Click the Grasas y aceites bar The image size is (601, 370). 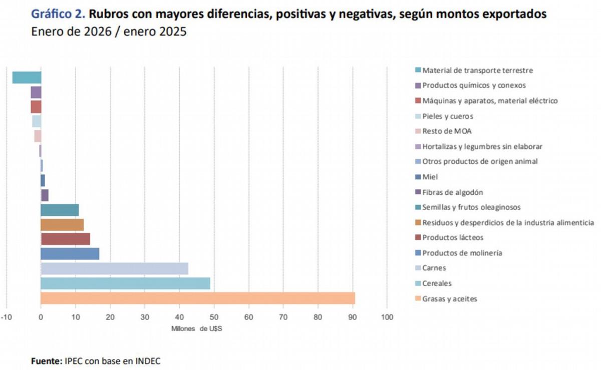(198, 298)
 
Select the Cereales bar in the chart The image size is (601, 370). (125, 283)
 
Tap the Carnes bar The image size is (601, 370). (114, 268)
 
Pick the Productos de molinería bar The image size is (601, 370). (70, 254)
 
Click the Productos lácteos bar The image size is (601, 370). (65, 239)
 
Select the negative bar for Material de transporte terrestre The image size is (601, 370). (27, 77)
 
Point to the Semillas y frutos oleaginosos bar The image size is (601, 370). (60, 210)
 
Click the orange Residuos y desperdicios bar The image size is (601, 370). (62, 224)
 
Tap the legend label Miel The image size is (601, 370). (430, 177)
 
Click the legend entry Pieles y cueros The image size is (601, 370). (447, 116)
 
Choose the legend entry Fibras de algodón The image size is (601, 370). (452, 192)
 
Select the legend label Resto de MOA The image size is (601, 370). (447, 131)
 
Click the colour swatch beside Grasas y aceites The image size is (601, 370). (418, 299)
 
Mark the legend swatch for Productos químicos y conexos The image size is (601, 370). (418, 85)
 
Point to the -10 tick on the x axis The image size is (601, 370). (6, 317)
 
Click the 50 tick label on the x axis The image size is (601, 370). (214, 317)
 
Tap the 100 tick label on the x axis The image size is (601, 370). (387, 317)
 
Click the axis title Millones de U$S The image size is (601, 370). (196, 328)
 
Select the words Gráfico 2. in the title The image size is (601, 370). (58, 14)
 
